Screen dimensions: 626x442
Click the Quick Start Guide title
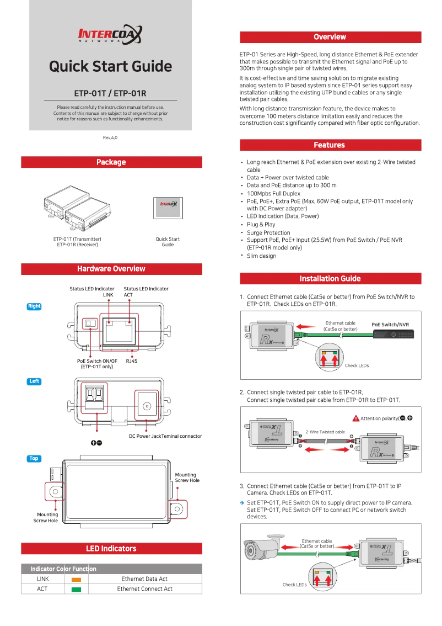coord(110,67)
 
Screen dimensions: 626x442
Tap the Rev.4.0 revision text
coord(110,137)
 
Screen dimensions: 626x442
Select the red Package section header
coord(111,162)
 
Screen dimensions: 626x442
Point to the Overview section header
coord(330,37)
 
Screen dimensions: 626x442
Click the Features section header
coord(330,145)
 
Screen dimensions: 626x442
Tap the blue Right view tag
coord(34,306)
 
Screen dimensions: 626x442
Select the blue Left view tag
coord(34,381)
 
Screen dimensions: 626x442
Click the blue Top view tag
coord(34,459)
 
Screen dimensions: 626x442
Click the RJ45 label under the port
coord(131,360)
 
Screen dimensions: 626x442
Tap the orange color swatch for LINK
coord(76,580)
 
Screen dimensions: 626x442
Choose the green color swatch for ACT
coord(76,590)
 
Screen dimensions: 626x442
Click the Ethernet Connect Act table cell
coord(144,589)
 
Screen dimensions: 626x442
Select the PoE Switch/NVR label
coord(390,325)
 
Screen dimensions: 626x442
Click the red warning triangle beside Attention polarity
coord(356,418)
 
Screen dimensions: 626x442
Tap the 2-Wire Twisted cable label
coord(325,432)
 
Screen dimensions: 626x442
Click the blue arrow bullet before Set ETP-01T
coord(242,503)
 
